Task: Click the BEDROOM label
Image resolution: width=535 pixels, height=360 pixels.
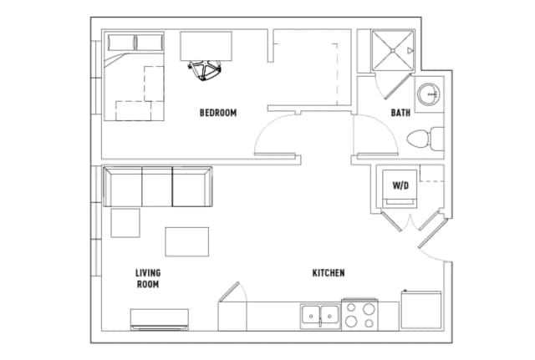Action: coord(218,113)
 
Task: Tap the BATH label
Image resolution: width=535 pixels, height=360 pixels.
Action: coord(400,113)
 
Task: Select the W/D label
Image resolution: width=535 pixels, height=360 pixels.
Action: coord(400,185)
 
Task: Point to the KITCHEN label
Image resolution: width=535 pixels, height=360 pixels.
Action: coord(329,273)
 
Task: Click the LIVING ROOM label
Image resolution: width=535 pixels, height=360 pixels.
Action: coord(148,278)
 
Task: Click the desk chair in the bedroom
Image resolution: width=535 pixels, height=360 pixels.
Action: coord(206,71)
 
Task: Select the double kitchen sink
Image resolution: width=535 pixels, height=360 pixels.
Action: coord(319,316)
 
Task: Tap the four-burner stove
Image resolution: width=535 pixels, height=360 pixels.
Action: coord(361,315)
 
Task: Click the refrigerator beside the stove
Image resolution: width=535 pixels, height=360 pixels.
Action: coord(420,310)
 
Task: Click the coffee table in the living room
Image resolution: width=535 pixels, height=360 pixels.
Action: coord(186,241)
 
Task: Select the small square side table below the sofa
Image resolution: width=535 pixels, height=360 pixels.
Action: coord(125,223)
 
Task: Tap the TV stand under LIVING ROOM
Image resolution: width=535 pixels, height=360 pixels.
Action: coord(159,319)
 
